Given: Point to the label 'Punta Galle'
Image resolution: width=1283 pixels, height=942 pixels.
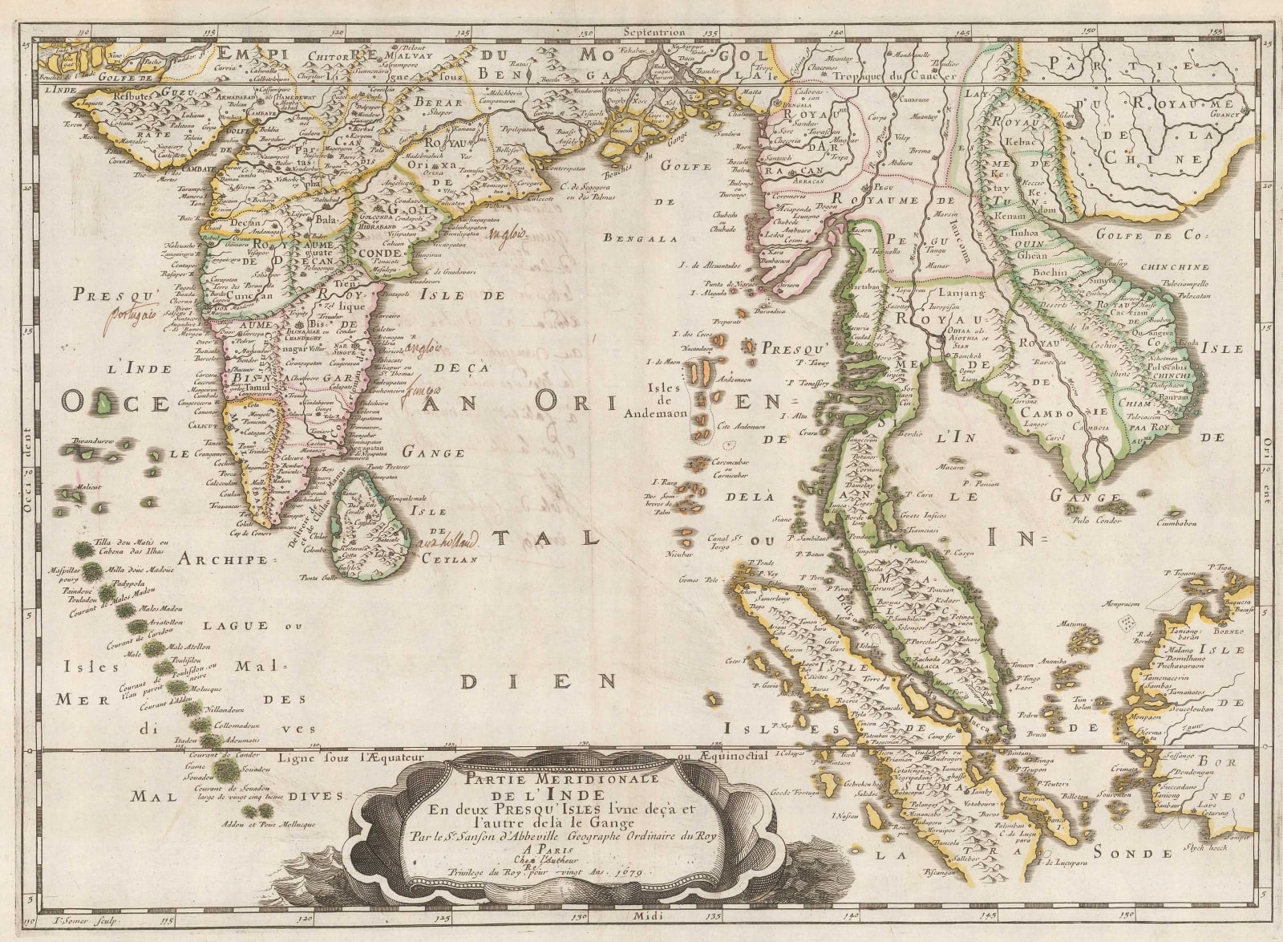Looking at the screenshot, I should click(317, 578).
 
